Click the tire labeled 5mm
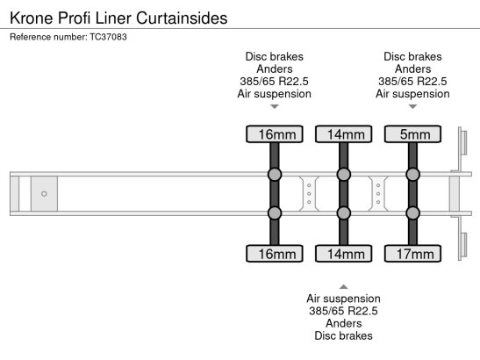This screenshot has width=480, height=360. pyautogui.click(x=412, y=134)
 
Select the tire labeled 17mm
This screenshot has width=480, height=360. pyautogui.click(x=412, y=254)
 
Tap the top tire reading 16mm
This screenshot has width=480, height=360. pyautogui.click(x=275, y=134)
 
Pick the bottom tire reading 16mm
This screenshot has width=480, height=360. pyautogui.click(x=275, y=254)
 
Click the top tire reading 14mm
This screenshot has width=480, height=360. pyautogui.click(x=344, y=134)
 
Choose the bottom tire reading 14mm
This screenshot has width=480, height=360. pyautogui.click(x=344, y=254)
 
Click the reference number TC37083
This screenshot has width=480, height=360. pyautogui.click(x=108, y=37)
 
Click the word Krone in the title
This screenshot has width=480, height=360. pyautogui.click(x=32, y=18)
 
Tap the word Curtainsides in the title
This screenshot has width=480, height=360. pyautogui.click(x=182, y=18)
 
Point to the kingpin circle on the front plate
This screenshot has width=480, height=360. pyautogui.click(x=44, y=194)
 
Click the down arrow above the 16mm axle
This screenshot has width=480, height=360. pyautogui.click(x=275, y=106)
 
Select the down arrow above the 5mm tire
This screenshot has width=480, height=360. pyautogui.click(x=412, y=106)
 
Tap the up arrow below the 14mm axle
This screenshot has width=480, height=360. pyautogui.click(x=343, y=287)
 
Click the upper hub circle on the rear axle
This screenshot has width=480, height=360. pyautogui.click(x=412, y=175)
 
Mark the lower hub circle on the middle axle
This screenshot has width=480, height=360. pyautogui.click(x=344, y=213)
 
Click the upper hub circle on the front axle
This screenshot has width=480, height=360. pyautogui.click(x=275, y=175)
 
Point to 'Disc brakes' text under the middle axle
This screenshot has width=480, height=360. pyautogui.click(x=343, y=335)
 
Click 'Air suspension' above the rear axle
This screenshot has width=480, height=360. pyautogui.click(x=412, y=94)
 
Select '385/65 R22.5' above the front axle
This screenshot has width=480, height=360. pyautogui.click(x=275, y=81)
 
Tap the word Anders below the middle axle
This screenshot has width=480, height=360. pyautogui.click(x=343, y=323)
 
